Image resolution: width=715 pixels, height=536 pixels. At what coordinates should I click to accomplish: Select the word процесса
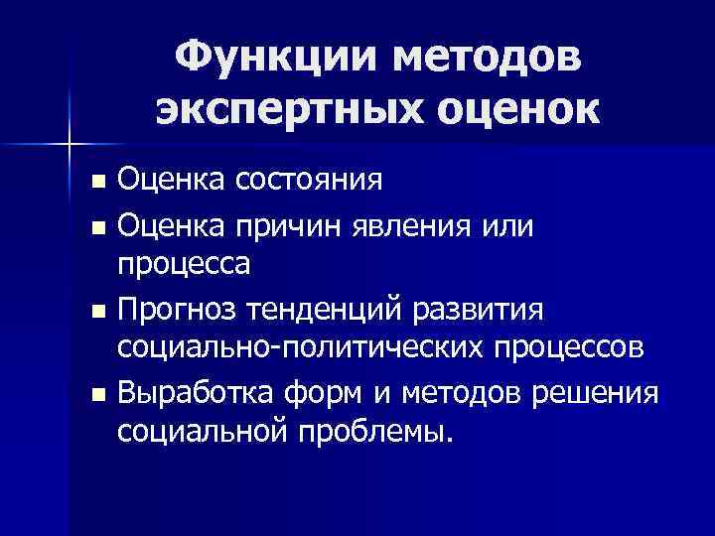[x=184, y=265]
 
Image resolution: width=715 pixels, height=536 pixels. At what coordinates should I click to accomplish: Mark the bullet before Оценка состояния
[x=95, y=183]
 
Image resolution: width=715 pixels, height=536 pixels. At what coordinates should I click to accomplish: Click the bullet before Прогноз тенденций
[x=95, y=312]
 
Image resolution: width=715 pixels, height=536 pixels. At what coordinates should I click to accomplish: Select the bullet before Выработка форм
[x=95, y=395]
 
